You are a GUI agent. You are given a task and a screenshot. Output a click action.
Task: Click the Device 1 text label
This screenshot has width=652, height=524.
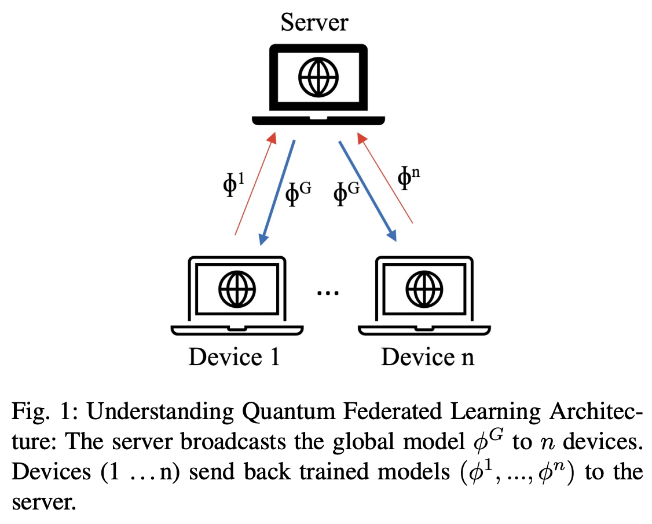pos(234,356)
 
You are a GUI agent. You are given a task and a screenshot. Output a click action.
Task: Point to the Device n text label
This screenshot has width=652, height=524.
pos(427,356)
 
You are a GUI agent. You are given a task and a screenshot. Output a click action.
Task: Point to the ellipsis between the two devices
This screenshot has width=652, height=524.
pos(327,293)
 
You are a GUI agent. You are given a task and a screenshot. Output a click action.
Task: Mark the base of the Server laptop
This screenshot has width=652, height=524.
pos(318,120)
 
